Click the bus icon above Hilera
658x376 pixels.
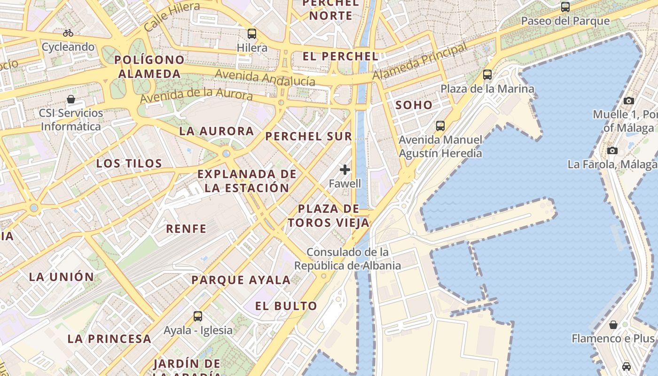click(252, 34)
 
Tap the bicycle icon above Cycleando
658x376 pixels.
click(68, 33)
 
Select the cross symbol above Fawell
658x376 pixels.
click(345, 170)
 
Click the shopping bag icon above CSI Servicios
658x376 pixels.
click(71, 99)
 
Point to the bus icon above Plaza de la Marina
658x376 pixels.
click(487, 75)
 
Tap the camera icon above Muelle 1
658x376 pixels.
click(629, 101)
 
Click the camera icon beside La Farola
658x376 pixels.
click(612, 150)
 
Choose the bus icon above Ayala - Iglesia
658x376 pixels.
click(198, 316)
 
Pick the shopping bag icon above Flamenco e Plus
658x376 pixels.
click(613, 325)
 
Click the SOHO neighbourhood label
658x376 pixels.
click(414, 105)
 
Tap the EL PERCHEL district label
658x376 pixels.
click(340, 56)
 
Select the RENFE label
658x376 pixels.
click(186, 229)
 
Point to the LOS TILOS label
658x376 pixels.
click(129, 164)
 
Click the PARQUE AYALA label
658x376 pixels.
click(241, 280)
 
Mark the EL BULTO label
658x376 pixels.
click(286, 306)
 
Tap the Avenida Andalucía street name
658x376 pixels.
click(265, 78)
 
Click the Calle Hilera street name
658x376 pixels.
click(172, 16)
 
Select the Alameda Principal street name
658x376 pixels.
click(420, 62)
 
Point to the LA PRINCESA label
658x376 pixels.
click(109, 338)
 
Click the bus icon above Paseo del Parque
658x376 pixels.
click(565, 7)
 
